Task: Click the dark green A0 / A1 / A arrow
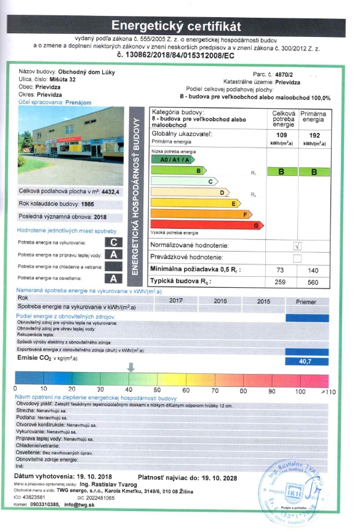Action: click(169, 159)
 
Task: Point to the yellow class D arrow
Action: click(188, 193)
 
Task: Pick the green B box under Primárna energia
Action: click(313, 172)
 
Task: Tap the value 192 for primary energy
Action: click(314, 135)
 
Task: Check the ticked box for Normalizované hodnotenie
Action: click(298, 245)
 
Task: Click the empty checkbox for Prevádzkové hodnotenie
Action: click(298, 257)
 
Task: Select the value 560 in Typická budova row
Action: click(314, 281)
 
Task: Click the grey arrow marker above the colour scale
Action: click(131, 367)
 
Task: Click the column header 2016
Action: click(220, 301)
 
